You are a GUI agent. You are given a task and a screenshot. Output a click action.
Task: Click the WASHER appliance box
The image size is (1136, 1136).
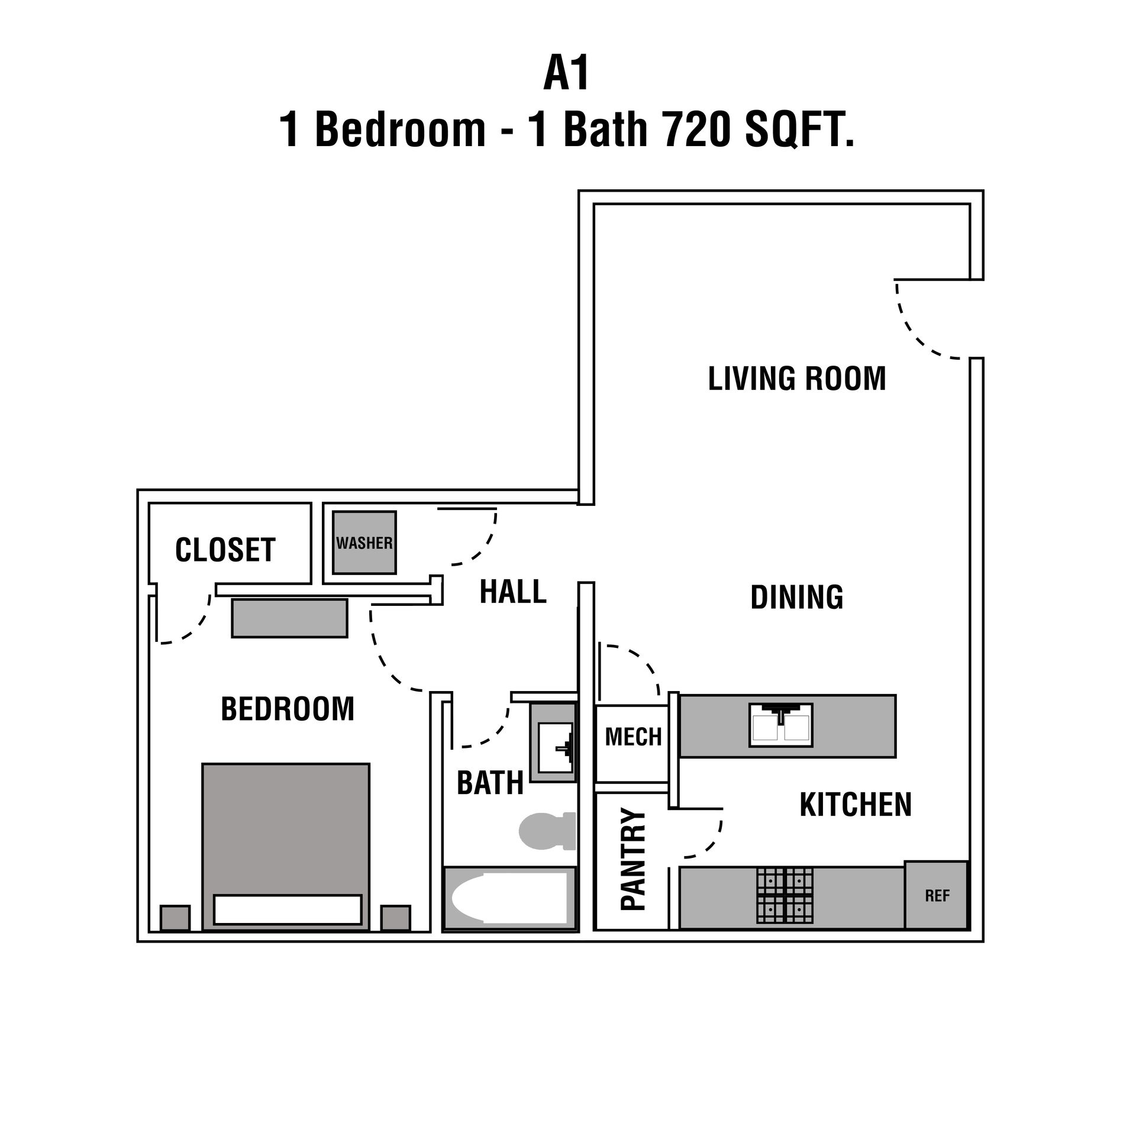[x=364, y=542]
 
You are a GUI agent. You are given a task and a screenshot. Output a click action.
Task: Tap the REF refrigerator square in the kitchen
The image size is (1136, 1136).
[x=937, y=895]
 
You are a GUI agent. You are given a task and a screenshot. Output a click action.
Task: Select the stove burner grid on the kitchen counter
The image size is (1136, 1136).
[x=785, y=896]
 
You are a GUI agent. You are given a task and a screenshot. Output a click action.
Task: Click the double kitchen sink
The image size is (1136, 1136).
[x=781, y=725]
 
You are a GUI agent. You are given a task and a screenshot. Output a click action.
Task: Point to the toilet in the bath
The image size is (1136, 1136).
[x=546, y=831]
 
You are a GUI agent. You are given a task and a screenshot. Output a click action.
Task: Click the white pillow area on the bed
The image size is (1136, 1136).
[x=288, y=909]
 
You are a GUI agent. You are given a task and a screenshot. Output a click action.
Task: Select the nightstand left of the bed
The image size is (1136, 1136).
[x=175, y=918]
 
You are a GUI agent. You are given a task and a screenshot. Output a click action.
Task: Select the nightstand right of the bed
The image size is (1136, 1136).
[x=395, y=918]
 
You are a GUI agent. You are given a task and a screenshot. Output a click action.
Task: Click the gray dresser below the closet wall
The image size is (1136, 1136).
[x=289, y=618]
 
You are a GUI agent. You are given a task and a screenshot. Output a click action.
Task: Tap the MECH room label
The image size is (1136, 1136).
[x=633, y=737]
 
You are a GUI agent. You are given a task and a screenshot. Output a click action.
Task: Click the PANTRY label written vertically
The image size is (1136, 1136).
[x=633, y=859]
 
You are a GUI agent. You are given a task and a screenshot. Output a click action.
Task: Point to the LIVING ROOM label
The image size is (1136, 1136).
[x=797, y=379]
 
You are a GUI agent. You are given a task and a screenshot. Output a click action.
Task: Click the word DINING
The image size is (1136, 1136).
[x=797, y=597]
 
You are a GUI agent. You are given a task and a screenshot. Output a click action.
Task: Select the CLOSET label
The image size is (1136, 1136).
[x=225, y=550]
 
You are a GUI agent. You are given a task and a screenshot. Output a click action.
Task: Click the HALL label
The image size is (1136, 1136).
[x=513, y=592]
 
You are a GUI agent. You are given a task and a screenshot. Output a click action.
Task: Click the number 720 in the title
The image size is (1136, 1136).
[x=696, y=130]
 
